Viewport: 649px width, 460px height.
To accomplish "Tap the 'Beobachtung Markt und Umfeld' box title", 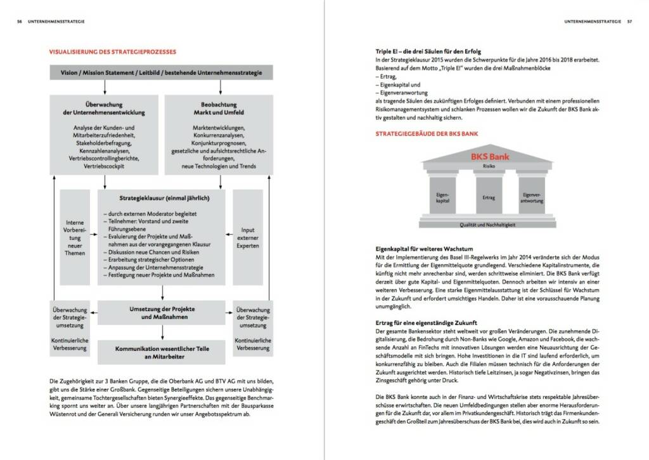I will [x=219, y=108].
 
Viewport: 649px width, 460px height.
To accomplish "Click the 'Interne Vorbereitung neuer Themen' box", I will [x=75, y=237].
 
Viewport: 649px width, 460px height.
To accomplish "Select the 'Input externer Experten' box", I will [x=248, y=237].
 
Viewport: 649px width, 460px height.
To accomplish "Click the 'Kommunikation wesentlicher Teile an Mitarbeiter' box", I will [x=162, y=352].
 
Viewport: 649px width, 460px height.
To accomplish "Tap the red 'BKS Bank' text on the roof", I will [x=490, y=155].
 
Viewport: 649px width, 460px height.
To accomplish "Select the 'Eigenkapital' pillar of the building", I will [x=443, y=197].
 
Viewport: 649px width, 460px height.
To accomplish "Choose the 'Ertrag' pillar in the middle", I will [x=489, y=198].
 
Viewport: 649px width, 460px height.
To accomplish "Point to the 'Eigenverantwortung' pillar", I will [x=532, y=197].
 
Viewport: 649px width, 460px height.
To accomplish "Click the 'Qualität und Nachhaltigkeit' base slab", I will [x=489, y=225].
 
